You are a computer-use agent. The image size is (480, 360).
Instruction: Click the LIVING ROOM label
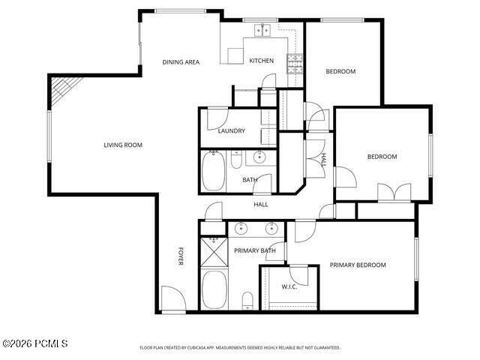(123, 145)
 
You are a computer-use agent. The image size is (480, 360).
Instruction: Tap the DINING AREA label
(181, 61)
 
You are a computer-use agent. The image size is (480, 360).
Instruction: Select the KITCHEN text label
(262, 61)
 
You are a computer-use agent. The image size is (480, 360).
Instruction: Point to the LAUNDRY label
(232, 131)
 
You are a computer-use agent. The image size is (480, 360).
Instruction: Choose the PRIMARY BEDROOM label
(358, 265)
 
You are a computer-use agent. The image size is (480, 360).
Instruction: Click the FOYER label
(180, 256)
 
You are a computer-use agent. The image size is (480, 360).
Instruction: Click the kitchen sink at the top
(262, 31)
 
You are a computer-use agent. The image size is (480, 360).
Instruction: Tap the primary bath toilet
(247, 301)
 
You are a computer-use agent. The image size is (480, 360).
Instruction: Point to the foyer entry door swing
(172, 298)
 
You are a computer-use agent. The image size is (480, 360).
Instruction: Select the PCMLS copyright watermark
(35, 343)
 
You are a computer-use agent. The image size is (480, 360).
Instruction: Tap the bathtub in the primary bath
(215, 289)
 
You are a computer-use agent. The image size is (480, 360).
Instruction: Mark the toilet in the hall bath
(235, 160)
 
